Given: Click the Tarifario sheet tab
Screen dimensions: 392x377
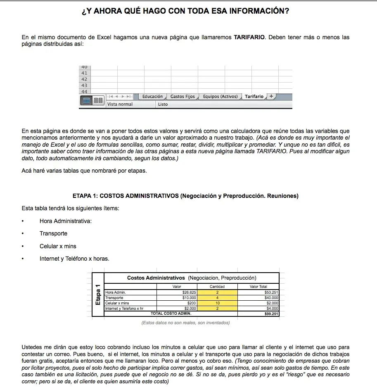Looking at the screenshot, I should point(254,97).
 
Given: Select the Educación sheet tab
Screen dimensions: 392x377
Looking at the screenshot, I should point(152,97).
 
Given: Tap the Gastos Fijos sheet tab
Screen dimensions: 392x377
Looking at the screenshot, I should point(183,97).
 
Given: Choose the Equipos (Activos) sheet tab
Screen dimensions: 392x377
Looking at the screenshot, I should point(220,97).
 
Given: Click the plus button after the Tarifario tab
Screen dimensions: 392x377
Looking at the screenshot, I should point(271,96).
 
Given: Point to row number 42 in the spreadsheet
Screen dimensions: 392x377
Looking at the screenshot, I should point(84,79).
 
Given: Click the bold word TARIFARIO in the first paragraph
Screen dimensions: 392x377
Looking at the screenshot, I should point(250,37).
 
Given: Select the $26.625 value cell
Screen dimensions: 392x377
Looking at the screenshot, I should point(189,292).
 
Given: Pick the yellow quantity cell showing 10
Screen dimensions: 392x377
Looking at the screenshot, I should point(218,303).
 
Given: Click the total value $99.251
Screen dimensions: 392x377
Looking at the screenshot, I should point(272,314).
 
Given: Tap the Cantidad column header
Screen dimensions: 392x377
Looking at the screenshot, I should point(217,286).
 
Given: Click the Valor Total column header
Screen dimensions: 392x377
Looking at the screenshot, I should point(258,286).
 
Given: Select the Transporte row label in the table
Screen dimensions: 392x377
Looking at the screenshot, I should point(114,298).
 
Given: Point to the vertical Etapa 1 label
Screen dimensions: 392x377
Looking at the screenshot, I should point(98,295).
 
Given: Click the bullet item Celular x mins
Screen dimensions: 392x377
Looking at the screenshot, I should point(58,246).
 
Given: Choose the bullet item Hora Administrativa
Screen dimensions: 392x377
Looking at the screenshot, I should point(65,221).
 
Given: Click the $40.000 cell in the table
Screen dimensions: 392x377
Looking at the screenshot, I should point(271,298).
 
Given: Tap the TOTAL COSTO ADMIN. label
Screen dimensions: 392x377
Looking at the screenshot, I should point(171,314).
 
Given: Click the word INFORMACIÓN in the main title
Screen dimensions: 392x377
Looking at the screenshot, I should point(260,11).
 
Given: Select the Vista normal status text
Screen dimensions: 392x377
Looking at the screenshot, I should point(120,105).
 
